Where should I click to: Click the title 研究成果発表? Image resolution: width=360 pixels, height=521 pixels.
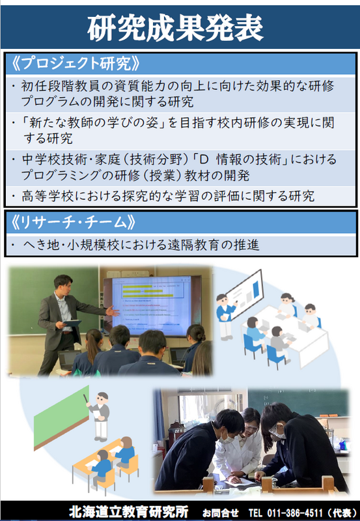(175, 29)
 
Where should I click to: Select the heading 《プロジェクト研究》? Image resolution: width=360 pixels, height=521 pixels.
(75, 63)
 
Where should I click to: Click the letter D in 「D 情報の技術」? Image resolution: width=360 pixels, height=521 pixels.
(203, 160)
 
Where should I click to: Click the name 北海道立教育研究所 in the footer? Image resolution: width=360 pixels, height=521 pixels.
(128, 512)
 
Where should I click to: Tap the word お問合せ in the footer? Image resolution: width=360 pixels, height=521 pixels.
(220, 513)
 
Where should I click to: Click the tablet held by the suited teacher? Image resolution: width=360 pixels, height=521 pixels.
(72, 323)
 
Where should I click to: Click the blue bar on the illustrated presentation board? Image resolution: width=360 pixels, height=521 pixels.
(256, 289)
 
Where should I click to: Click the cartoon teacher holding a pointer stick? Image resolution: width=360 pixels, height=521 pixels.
(100, 415)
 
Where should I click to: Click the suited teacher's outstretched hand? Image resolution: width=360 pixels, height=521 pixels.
(113, 312)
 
